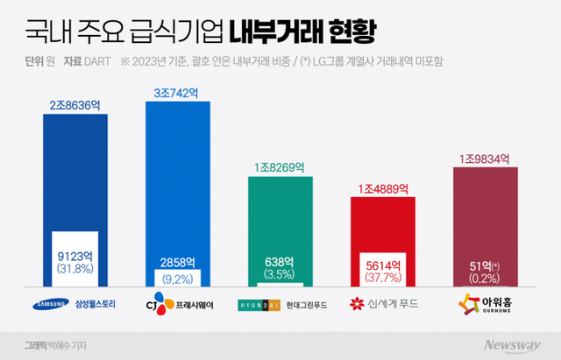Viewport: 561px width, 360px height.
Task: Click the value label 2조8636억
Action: tap(75, 104)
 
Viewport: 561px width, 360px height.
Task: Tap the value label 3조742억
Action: tap(178, 92)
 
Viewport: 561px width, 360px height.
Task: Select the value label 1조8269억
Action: tap(280, 166)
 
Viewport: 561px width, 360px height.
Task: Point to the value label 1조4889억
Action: tap(382, 188)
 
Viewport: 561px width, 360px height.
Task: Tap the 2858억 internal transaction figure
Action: tap(178, 262)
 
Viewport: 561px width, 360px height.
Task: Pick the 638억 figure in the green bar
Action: tap(280, 262)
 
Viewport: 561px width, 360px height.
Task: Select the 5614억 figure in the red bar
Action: tap(382, 262)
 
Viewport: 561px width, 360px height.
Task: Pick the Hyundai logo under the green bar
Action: tap(255, 305)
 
